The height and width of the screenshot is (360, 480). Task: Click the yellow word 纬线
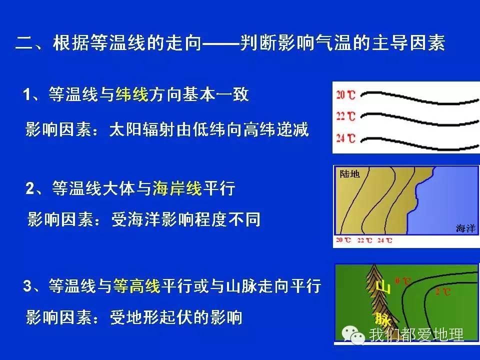click(x=132, y=94)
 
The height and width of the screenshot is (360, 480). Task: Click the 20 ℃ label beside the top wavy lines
click(x=345, y=95)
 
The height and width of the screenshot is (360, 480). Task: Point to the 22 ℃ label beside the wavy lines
click(x=345, y=117)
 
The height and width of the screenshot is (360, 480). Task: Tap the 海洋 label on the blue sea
click(x=465, y=228)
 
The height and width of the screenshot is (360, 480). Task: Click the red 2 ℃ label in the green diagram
click(x=442, y=291)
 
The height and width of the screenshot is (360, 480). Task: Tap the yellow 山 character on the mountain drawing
click(x=382, y=286)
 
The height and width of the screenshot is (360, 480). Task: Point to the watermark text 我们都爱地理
click(x=416, y=334)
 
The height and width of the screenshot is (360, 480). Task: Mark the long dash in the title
click(x=220, y=44)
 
